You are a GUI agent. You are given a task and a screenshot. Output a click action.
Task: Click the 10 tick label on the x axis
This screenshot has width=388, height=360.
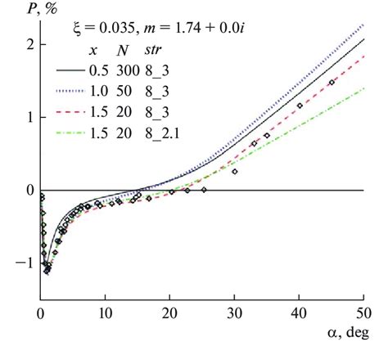105,314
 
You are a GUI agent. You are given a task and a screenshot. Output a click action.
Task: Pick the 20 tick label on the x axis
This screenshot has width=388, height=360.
169,314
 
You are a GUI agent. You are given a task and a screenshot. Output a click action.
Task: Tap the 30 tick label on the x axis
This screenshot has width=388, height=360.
234,314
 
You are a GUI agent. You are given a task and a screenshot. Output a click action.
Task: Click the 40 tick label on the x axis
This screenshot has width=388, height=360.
299,314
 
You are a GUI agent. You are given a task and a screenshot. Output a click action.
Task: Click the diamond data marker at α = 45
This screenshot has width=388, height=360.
332,83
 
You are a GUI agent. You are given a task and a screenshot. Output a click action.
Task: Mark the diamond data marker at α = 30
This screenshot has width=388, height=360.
235,171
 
